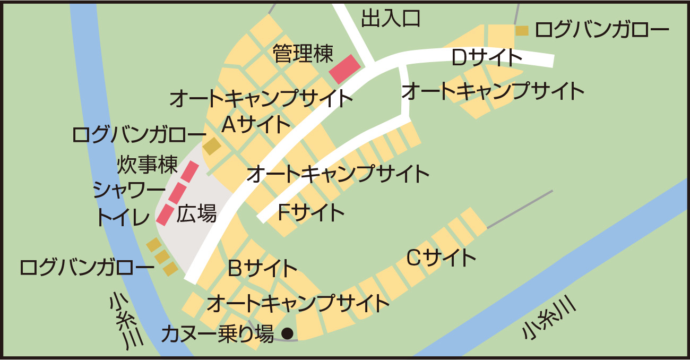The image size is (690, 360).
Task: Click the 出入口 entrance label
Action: coord(391,18)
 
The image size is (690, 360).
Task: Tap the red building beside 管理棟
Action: coord(345,69)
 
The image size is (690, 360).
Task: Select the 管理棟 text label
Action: coord(303,53)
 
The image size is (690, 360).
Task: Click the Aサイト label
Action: coord(256,125)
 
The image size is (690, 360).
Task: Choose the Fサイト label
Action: coord(311,212)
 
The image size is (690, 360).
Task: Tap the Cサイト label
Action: coord(441,258)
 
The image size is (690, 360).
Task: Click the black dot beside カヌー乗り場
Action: coord(287,333)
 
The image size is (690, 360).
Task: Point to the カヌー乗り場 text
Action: coord(218,334)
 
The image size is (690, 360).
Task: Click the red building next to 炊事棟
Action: coord(189,172)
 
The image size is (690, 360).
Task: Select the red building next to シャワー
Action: coord(177,193)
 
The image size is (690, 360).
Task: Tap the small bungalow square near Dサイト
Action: coord(522,31)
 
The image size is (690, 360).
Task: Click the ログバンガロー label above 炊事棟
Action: coord(139,135)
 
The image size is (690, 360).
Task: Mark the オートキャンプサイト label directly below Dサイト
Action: coord(493,91)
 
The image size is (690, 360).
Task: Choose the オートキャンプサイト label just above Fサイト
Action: coord(338,173)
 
